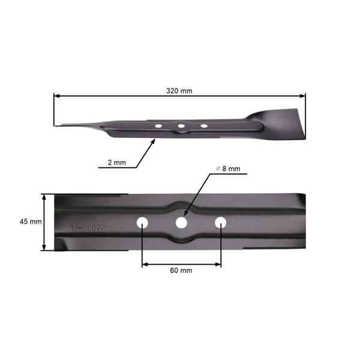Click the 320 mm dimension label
(179, 91)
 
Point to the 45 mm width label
(31, 221)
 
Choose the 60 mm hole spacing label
(181, 271)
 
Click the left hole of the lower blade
(142, 222)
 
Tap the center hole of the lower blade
(181, 223)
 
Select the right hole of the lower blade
(221, 222)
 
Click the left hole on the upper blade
(158, 126)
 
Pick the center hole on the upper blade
(181, 126)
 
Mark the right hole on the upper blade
(203, 126)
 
